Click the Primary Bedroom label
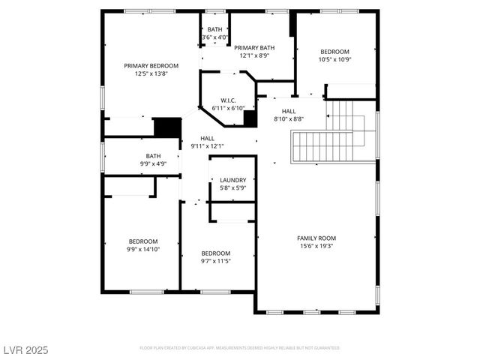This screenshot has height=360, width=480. [x=151, y=66]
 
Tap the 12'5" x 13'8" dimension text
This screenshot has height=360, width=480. [x=151, y=73]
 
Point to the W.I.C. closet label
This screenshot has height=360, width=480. [x=229, y=100]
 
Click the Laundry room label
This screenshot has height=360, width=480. [x=233, y=180]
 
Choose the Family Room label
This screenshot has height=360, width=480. [x=316, y=238]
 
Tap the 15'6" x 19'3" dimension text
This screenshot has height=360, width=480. [x=316, y=246]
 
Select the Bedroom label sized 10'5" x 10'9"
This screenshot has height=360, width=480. [x=334, y=51]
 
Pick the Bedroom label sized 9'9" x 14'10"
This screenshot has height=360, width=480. [x=142, y=241]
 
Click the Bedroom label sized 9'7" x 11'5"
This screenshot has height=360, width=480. [x=215, y=253]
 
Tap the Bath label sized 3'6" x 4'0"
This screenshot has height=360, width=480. [x=214, y=29]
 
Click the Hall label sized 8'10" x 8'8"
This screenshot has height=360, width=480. [x=288, y=110]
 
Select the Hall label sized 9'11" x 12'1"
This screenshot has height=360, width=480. [x=208, y=138]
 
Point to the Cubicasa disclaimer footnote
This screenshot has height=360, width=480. [x=239, y=348]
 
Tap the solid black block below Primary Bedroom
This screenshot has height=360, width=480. [x=168, y=127]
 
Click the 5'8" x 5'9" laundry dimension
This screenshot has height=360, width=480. [x=233, y=187]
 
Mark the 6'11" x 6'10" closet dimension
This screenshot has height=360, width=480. [x=229, y=108]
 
